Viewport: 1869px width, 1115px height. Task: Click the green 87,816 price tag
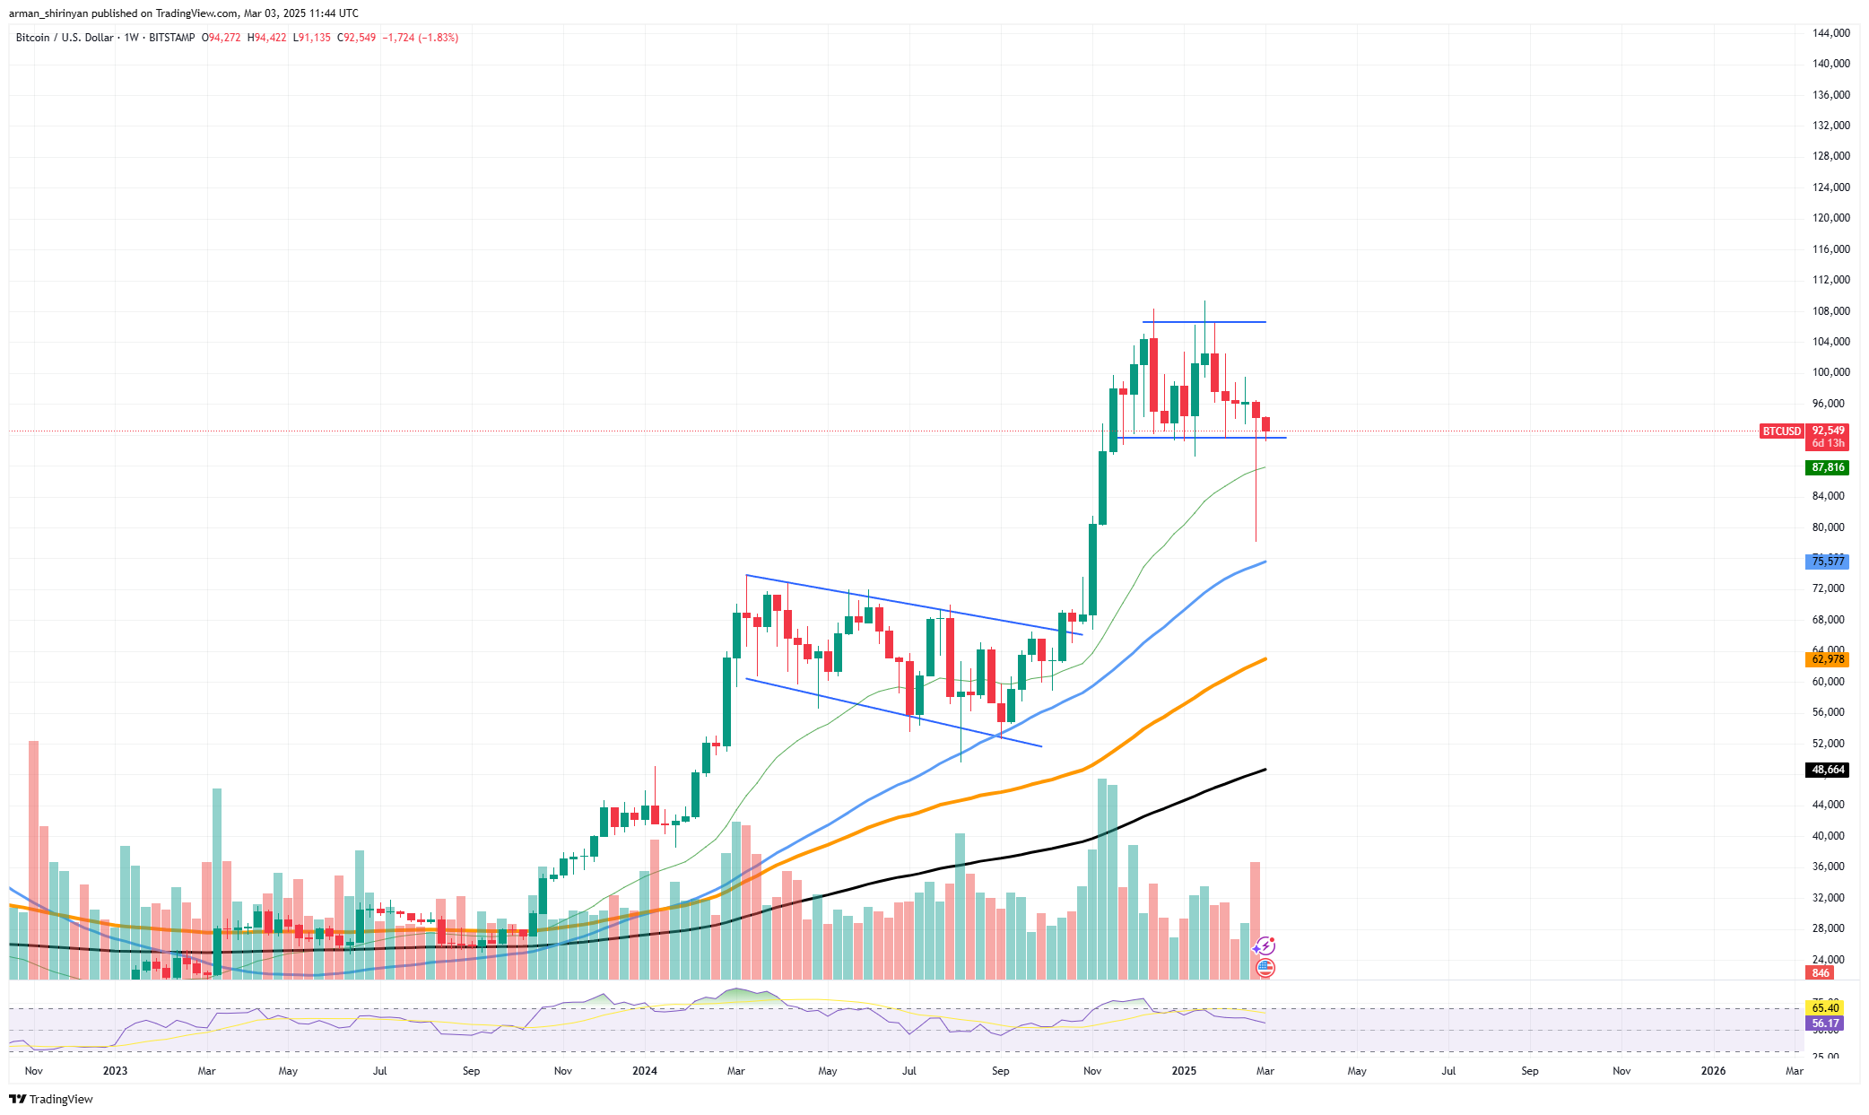point(1827,467)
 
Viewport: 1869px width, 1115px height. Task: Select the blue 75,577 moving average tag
point(1827,562)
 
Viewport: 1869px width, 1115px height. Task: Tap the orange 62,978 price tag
point(1827,659)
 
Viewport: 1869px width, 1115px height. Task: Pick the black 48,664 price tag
point(1827,770)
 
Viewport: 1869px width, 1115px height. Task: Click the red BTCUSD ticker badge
point(1781,431)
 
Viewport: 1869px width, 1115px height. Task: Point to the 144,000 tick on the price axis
point(1830,33)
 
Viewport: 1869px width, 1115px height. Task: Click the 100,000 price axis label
point(1830,372)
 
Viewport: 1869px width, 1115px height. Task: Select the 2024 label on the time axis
point(644,1071)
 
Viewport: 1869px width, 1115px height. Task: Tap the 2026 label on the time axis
point(1713,1071)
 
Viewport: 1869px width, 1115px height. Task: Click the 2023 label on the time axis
point(115,1071)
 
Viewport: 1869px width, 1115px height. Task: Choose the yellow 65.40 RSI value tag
point(1825,1008)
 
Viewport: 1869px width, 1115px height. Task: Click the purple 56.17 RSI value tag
point(1825,1024)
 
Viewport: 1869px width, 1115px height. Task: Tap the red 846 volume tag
point(1820,973)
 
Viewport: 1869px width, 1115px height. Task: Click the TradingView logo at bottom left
point(51,1100)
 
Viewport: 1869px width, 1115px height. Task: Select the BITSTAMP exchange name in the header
point(171,38)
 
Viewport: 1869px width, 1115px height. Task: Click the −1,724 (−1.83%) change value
point(420,38)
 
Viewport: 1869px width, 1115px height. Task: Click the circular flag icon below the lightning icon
point(1265,968)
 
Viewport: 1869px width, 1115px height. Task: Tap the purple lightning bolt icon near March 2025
point(1265,945)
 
